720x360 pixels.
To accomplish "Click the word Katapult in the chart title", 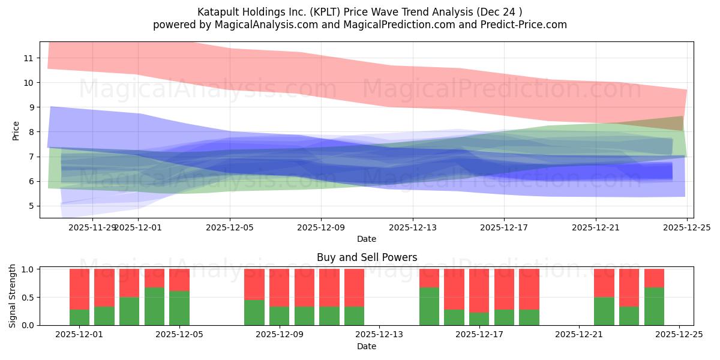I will pos(217,12).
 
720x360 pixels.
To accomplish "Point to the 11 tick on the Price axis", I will pos(28,58).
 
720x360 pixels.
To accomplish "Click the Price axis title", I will pos(16,131).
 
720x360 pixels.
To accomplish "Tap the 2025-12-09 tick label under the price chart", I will pos(320,227).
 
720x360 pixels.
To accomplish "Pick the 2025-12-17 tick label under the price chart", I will pos(503,227).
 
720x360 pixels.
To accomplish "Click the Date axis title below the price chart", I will pos(366,239).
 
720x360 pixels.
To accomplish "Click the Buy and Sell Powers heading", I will pos(367,257).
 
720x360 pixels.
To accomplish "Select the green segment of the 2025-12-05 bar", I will pos(179,308).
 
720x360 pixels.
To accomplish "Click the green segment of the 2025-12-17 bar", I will pos(479,319).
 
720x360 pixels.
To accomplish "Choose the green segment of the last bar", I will pos(654,306).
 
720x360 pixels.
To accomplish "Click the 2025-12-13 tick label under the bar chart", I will pos(379,335).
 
